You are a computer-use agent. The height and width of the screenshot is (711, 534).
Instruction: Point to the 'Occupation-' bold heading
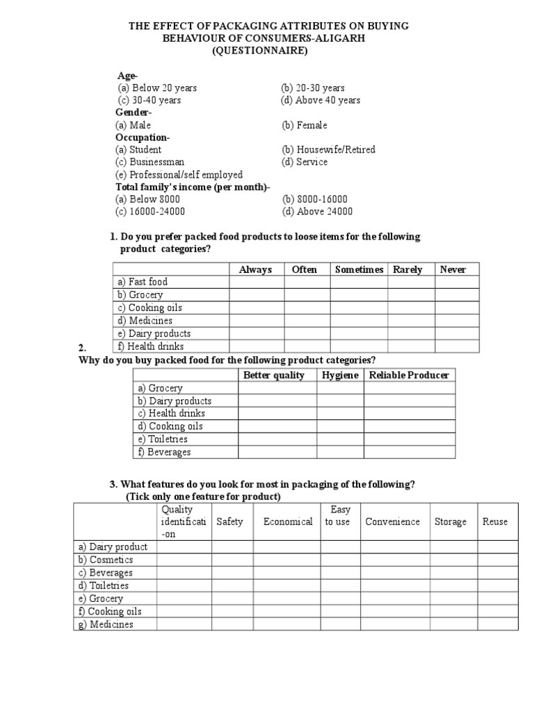(143, 137)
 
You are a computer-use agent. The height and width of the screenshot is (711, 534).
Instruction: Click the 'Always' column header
(255, 270)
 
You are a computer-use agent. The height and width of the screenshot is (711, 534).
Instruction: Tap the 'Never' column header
(453, 270)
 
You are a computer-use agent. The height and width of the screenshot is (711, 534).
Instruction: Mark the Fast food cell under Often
(307, 283)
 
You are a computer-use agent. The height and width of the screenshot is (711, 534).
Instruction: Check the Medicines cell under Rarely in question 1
(411, 321)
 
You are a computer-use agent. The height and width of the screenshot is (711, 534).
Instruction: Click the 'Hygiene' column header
(340, 376)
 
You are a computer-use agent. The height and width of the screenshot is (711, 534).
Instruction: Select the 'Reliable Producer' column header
(409, 376)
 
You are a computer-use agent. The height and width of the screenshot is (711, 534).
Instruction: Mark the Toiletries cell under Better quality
(277, 440)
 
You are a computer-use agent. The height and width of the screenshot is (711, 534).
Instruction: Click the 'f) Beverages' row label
(164, 453)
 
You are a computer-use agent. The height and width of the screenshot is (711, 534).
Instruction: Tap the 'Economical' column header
(287, 522)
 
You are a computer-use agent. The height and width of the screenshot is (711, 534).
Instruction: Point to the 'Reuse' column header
(495, 522)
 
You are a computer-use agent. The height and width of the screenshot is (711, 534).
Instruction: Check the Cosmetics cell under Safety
(232, 560)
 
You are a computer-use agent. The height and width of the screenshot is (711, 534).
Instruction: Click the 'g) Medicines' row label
(105, 625)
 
